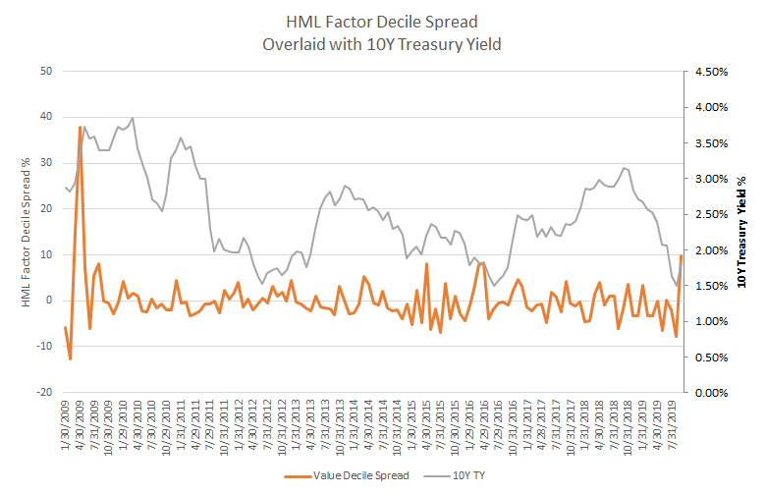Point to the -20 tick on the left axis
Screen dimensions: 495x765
pos(42,392)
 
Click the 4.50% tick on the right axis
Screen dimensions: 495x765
pos(705,72)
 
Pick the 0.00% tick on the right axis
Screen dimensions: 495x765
pos(705,392)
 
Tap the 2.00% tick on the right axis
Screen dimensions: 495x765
pos(705,249)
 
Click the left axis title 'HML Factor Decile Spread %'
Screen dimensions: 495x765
pos(26,232)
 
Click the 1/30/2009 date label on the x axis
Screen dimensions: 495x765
pos(66,420)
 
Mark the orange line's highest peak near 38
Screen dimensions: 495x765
pos(80,128)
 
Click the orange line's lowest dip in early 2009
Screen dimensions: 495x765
pos(70,358)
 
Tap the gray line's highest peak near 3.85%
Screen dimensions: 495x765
pos(133,118)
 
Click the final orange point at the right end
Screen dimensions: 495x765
pos(681,255)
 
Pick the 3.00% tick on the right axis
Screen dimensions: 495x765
pos(705,179)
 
